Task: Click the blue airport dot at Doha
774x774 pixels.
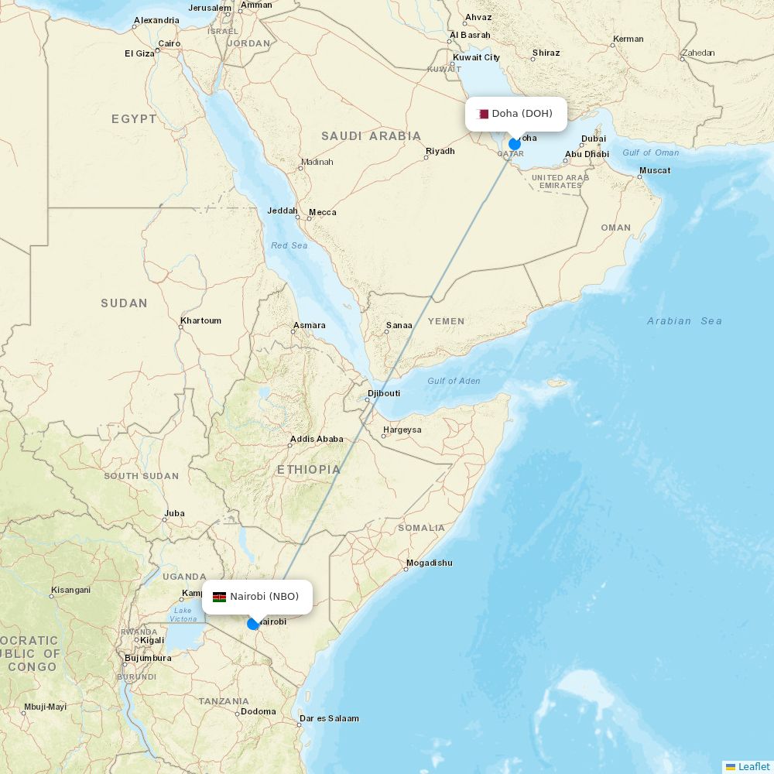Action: click(x=515, y=144)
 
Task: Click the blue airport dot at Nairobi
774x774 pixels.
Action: click(x=253, y=624)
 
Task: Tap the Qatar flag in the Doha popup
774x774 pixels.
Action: click(x=483, y=114)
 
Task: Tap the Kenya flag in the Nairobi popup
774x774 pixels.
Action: click(x=219, y=597)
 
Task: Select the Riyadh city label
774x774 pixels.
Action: click(x=440, y=151)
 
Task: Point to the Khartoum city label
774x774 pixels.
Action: click(x=200, y=320)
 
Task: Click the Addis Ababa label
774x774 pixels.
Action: click(x=317, y=439)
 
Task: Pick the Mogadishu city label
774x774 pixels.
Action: click(x=429, y=563)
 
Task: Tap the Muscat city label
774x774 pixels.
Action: click(x=655, y=170)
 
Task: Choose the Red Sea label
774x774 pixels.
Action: click(x=289, y=245)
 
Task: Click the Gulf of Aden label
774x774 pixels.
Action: click(x=454, y=381)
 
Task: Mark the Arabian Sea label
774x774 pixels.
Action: click(x=684, y=320)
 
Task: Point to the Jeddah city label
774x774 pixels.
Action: click(x=282, y=211)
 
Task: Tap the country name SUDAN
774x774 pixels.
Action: click(x=124, y=303)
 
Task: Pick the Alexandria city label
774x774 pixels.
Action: click(x=156, y=20)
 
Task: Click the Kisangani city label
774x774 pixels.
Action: click(x=70, y=590)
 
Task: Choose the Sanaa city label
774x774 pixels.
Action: click(x=399, y=325)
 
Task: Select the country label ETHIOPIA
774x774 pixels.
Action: click(x=308, y=469)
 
